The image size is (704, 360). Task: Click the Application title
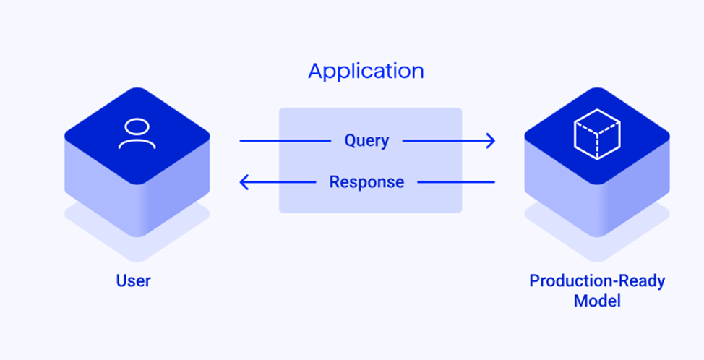pyautogui.click(x=366, y=72)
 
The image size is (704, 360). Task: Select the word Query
pyautogui.click(x=366, y=140)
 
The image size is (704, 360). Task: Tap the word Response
pyautogui.click(x=366, y=181)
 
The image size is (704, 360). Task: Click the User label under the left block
pyautogui.click(x=134, y=280)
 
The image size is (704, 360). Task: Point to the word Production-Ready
pyautogui.click(x=597, y=280)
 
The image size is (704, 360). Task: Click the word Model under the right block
pyautogui.click(x=597, y=300)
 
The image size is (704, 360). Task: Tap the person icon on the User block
pyautogui.click(x=137, y=134)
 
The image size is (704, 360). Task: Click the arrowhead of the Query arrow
pyautogui.click(x=491, y=140)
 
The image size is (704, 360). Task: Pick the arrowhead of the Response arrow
pyautogui.click(x=244, y=182)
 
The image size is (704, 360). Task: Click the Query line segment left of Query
pyautogui.click(x=286, y=140)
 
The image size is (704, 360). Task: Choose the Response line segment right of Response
pyautogui.click(x=455, y=182)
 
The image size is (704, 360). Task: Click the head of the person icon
pyautogui.click(x=137, y=127)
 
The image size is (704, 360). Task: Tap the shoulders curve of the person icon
pyautogui.click(x=137, y=143)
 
